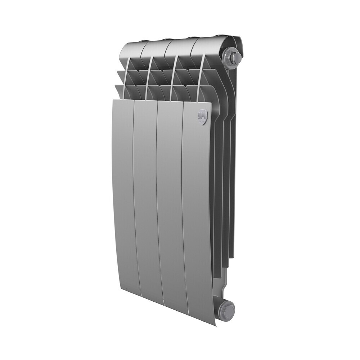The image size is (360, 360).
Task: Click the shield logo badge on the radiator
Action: [203, 117]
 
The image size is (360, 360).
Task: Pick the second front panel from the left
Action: [146, 198]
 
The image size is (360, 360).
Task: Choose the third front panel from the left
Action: [170, 205]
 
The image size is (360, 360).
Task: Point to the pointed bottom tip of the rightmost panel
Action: [215, 324]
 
